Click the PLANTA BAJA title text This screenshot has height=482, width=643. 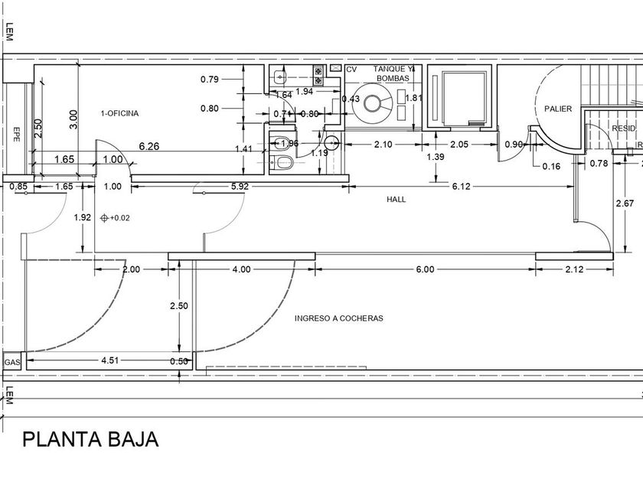[90, 439]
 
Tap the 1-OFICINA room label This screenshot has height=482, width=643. [119, 114]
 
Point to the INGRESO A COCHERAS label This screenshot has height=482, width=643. [338, 318]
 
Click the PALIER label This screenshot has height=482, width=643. [558, 109]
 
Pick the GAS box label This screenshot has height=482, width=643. [11, 362]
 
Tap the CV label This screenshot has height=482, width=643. [351, 70]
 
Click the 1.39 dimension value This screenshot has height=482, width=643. [436, 157]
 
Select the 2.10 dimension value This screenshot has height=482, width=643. [383, 145]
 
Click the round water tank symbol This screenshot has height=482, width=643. [375, 103]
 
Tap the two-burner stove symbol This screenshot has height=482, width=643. [317, 74]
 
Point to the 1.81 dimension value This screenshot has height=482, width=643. [413, 98]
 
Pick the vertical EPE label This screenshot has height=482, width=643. [15, 135]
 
